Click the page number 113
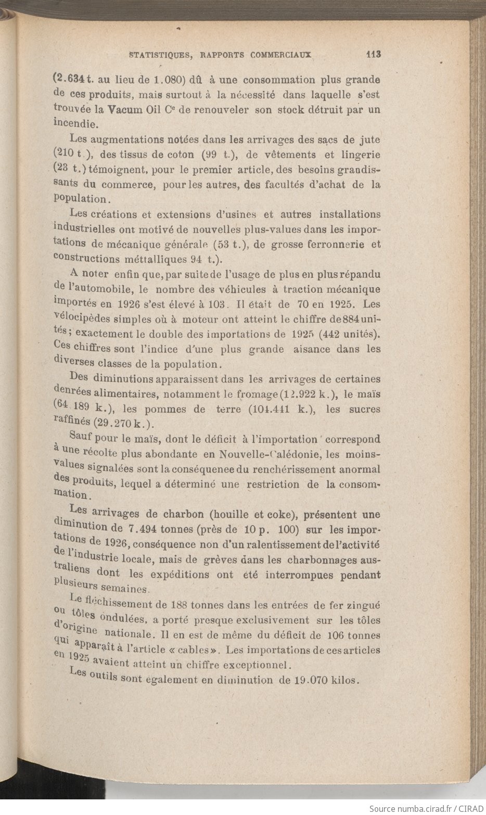coord(373,54)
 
